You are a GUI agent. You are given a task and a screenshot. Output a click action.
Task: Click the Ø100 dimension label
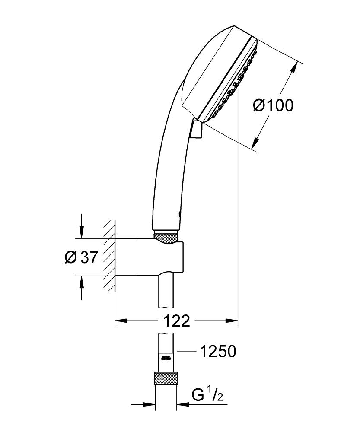point(273,105)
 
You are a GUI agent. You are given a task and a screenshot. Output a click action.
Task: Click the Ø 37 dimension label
point(80,257)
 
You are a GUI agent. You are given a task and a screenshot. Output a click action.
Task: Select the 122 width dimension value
point(177,321)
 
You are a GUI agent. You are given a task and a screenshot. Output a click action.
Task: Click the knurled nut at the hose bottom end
point(166,379)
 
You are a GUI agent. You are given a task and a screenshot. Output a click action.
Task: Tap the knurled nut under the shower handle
point(166,238)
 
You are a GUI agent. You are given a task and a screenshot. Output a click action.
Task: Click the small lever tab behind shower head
point(195,129)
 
